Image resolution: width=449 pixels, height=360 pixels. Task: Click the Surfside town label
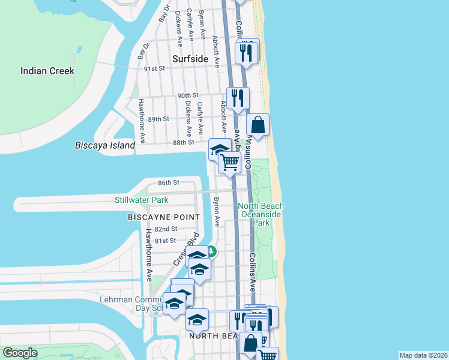pyautogui.click(x=190, y=59)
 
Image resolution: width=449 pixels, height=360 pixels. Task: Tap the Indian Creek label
pyautogui.click(x=47, y=71)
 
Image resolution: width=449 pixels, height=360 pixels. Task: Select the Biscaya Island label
pyautogui.click(x=105, y=145)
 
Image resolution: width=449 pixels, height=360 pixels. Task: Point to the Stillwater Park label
pyautogui.click(x=142, y=200)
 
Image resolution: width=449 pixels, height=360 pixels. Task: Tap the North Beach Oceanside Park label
pyautogui.click(x=261, y=214)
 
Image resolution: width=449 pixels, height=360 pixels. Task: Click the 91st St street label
pyautogui.click(x=154, y=69)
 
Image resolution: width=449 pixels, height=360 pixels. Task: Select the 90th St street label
pyautogui.click(x=187, y=96)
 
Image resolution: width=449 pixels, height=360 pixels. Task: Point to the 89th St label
pyautogui.click(x=158, y=119)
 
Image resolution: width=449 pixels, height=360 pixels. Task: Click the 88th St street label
pyautogui.click(x=183, y=142)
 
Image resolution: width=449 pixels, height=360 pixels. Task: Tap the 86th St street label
pyautogui.click(x=169, y=182)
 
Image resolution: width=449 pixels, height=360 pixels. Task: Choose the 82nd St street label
pyautogui.click(x=166, y=229)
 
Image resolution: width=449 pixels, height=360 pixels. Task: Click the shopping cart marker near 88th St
pyautogui.click(x=229, y=162)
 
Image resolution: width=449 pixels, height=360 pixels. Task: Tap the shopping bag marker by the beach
pyautogui.click(x=258, y=125)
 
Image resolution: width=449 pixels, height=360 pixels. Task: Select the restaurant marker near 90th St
pyautogui.click(x=238, y=98)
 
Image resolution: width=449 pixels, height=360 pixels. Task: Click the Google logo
pyautogui.click(x=20, y=353)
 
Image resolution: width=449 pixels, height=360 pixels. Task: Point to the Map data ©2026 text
pyautogui.click(x=423, y=355)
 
